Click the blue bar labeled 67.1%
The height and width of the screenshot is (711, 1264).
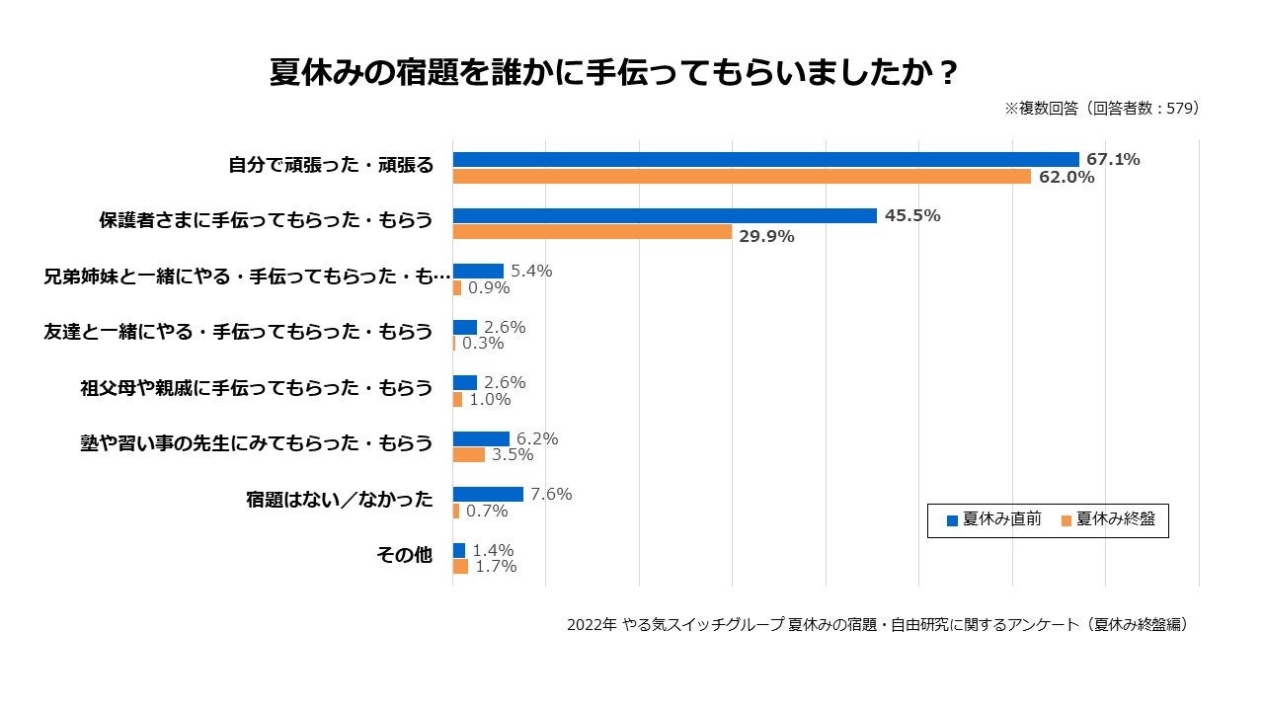(765, 160)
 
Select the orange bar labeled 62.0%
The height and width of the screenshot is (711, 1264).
(742, 177)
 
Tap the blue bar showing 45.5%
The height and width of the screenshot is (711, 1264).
(665, 216)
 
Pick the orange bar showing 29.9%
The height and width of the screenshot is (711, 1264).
(592, 232)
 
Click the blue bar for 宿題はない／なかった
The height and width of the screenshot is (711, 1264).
(488, 495)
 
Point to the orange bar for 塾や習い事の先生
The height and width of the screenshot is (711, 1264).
(469, 455)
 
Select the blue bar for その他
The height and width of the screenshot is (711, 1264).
(459, 551)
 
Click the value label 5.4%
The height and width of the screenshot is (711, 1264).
(531, 271)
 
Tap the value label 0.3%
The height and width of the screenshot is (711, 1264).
(483, 344)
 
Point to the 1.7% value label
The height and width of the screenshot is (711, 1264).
(496, 567)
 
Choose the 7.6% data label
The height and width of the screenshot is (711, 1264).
(551, 495)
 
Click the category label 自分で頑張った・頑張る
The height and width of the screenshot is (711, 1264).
(331, 165)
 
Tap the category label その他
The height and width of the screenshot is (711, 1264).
(404, 555)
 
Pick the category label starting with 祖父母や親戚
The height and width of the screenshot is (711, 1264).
(256, 388)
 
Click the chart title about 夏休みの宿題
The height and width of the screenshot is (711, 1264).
(613, 74)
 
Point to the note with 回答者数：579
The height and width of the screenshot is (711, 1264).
(1101, 109)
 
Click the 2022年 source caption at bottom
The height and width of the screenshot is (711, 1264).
(877, 625)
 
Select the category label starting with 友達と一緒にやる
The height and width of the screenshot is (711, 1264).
(239, 332)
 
